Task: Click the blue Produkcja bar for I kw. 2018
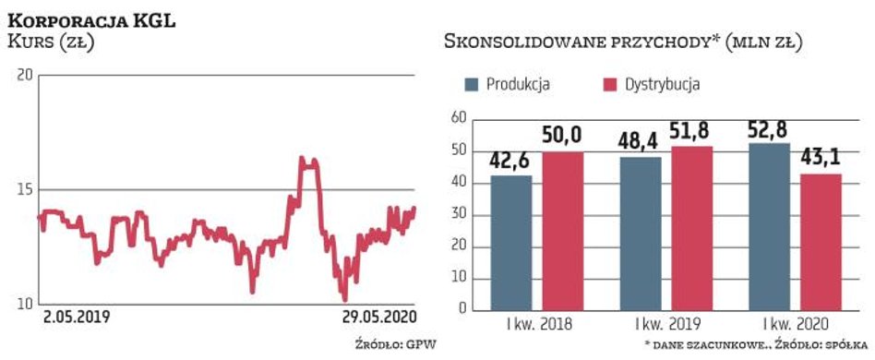(511, 243)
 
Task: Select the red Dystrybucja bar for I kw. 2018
(562, 231)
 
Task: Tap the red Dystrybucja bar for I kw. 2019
(691, 228)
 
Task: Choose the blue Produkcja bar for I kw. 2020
(770, 226)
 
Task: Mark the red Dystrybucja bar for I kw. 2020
(821, 242)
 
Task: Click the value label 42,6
(511, 161)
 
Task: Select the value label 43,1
(821, 160)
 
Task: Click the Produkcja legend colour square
(472, 84)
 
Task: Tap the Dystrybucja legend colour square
(608, 84)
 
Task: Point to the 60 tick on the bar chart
(454, 118)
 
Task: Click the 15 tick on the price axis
(26, 189)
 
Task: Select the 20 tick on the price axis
(26, 75)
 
